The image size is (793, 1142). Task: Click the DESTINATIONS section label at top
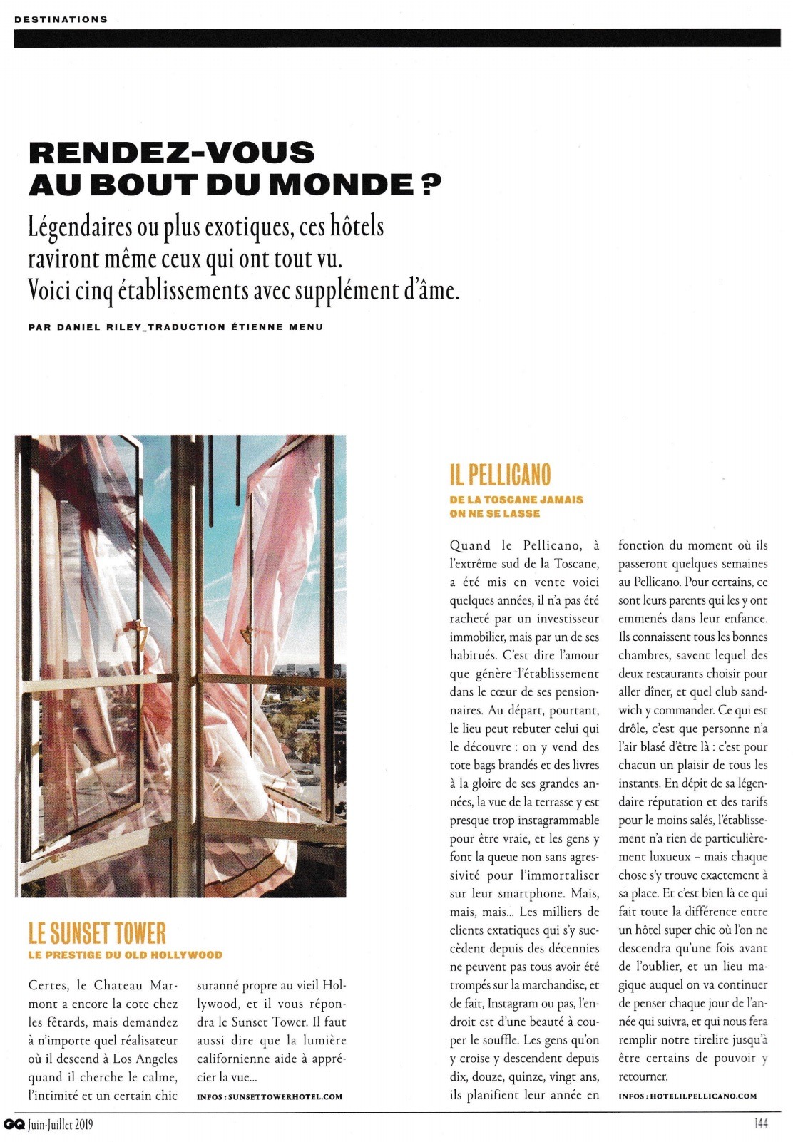61,19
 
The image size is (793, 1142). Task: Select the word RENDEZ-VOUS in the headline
171,153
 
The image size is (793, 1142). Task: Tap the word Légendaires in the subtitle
81,227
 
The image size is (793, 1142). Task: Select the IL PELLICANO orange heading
500,475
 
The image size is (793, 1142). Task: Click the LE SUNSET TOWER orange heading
97,933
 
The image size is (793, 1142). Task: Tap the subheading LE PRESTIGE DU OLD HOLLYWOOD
125,955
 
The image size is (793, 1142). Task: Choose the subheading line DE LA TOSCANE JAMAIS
516,500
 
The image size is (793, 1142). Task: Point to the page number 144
760,1124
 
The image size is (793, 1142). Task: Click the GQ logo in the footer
14,1124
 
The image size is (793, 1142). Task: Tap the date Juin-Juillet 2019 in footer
61,1125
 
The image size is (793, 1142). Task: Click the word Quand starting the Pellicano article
470,546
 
